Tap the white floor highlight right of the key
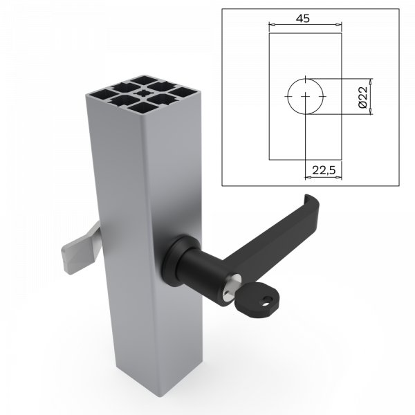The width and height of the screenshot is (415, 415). [332, 311]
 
